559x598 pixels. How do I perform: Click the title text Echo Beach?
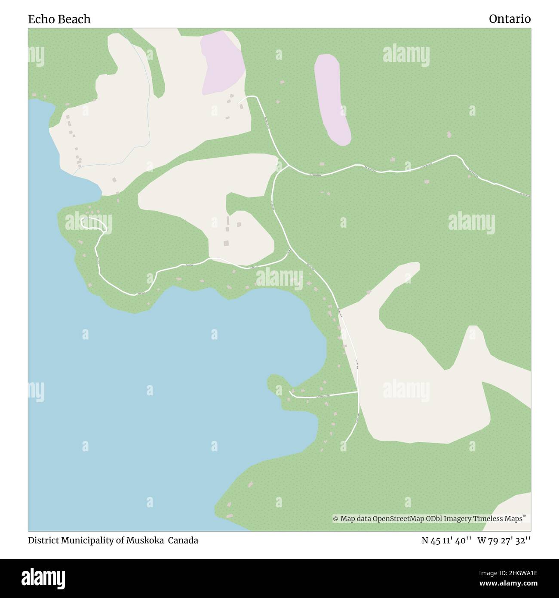point(59,19)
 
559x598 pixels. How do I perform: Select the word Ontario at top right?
point(510,19)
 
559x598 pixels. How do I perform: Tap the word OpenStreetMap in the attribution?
point(399,519)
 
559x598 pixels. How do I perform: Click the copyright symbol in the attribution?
point(336,519)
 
